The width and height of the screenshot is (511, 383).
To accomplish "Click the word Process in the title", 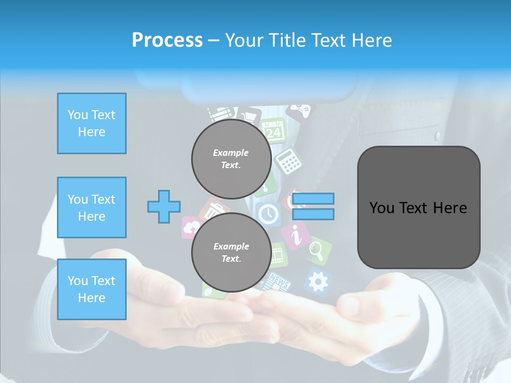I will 167,40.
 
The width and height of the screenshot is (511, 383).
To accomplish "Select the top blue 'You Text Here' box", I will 92,123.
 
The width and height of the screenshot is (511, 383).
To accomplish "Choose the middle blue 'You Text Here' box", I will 92,207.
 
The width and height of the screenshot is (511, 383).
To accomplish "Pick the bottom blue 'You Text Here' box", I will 92,289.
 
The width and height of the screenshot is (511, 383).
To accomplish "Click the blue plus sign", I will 164,206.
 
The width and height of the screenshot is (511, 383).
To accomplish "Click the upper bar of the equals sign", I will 313,199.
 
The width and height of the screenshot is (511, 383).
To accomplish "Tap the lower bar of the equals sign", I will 313,214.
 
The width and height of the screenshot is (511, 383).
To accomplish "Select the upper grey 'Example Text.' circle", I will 231,159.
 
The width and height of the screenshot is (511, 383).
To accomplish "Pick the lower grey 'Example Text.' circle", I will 231,252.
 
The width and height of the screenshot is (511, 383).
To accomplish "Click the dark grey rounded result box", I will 418,207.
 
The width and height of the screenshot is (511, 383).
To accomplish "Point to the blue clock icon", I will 268,213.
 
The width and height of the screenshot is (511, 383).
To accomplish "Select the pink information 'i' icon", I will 296,235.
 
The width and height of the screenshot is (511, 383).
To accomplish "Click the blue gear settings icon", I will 318,281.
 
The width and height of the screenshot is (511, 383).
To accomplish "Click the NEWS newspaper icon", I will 278,280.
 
